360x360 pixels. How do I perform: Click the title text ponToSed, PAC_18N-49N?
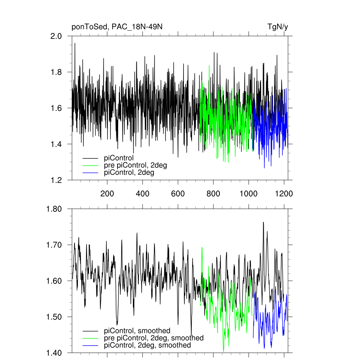click(117, 27)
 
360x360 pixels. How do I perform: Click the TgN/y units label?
click(278, 27)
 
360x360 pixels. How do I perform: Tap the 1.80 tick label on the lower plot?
click(54, 209)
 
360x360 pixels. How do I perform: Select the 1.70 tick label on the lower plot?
click(54, 245)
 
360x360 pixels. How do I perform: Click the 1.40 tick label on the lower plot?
click(54, 353)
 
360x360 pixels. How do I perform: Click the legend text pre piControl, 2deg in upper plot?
click(135, 165)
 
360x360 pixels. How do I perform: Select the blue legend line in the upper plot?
click(90, 173)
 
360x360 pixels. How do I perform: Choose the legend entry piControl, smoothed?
click(137, 330)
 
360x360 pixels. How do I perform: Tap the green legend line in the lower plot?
click(90, 338)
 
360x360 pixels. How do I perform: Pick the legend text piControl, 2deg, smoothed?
click(148, 346)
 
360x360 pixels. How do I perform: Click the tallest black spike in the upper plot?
click(75, 44)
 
